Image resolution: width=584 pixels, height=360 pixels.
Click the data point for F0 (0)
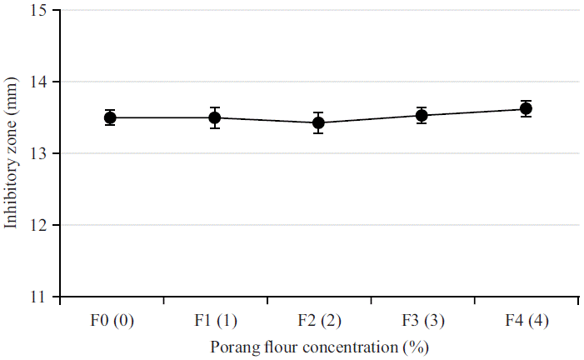(x=110, y=117)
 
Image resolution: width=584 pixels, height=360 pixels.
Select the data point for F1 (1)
(x=214, y=117)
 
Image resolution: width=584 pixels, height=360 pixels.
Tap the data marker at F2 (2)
(x=318, y=122)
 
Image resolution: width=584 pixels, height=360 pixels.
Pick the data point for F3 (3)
(x=422, y=115)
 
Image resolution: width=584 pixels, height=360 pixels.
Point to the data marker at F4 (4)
(x=526, y=108)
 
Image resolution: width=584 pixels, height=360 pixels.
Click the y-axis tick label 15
(x=39, y=11)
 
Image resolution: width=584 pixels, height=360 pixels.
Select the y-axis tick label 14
(x=39, y=82)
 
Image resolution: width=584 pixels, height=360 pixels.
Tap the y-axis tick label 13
(x=39, y=154)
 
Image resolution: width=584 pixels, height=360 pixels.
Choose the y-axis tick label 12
(x=39, y=226)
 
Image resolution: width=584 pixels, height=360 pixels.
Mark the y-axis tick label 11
(x=39, y=297)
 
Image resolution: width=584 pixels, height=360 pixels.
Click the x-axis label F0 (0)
(x=110, y=321)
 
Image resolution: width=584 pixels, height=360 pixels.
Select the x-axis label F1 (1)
(x=214, y=321)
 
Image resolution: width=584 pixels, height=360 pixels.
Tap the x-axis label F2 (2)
(x=318, y=321)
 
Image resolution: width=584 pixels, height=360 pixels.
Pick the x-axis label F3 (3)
(x=422, y=321)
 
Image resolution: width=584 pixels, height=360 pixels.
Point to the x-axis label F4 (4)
(x=526, y=321)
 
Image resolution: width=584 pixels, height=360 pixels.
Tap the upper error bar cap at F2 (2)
(x=318, y=112)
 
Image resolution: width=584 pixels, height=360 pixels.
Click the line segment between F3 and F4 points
(x=473, y=112)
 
